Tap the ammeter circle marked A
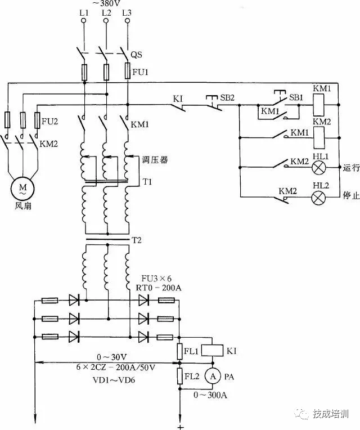click(213, 377)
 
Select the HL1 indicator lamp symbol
click(319, 167)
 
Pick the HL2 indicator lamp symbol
click(319, 197)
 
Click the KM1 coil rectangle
click(318, 105)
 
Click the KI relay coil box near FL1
click(212, 351)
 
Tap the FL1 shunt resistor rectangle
click(180, 351)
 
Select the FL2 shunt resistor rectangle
click(180, 376)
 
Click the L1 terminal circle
click(84, 21)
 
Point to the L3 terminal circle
click(127, 21)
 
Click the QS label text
click(136, 54)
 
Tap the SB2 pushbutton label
click(227, 97)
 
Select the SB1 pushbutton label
click(296, 97)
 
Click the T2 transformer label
click(137, 240)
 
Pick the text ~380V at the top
click(106, 3)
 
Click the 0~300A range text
click(210, 395)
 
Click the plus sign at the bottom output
click(181, 427)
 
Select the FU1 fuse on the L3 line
click(127, 71)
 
